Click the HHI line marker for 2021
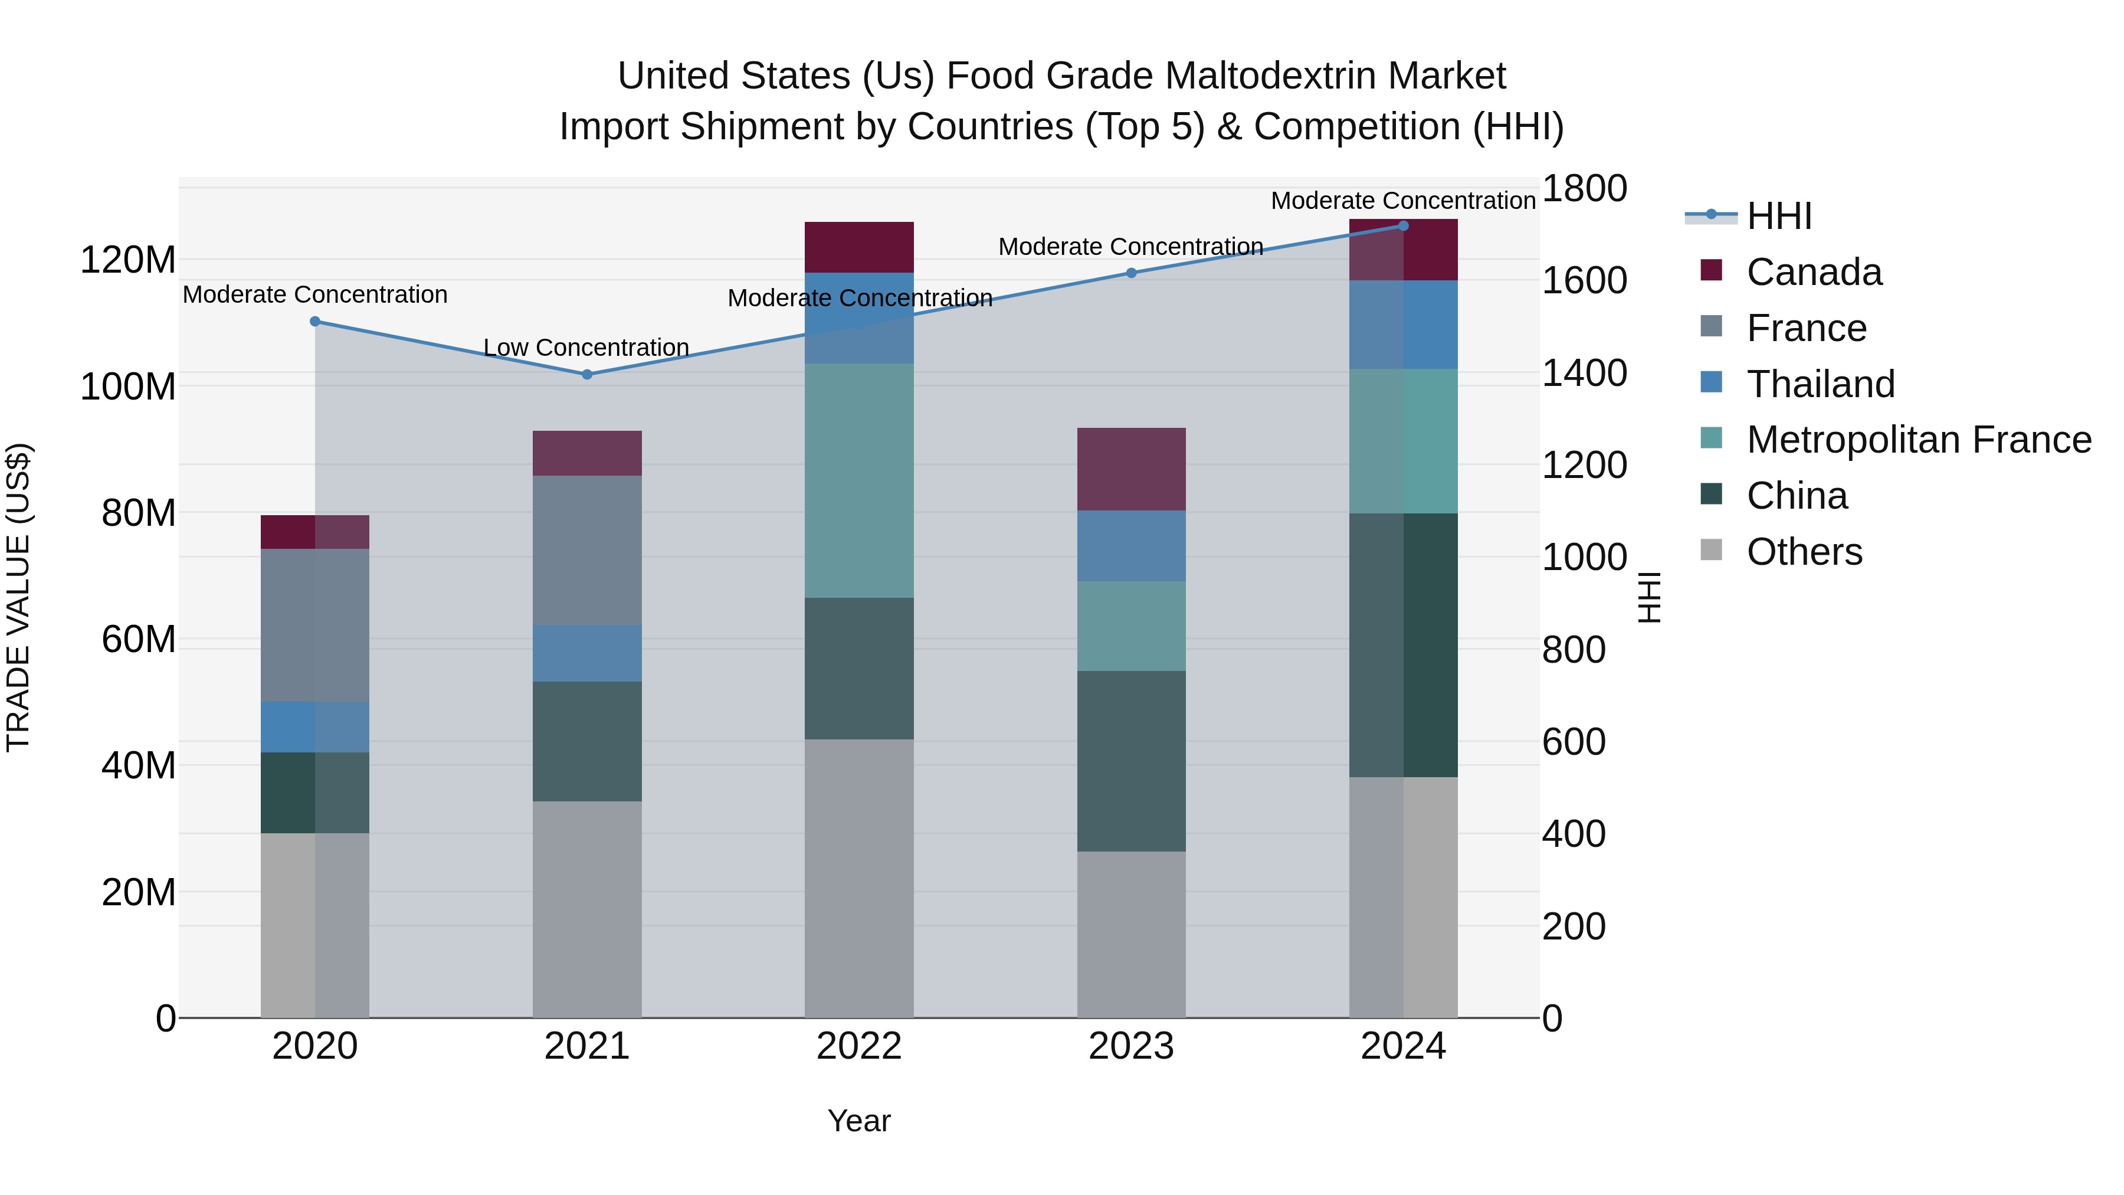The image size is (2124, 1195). tap(587, 374)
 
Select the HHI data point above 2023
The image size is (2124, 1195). tap(1131, 273)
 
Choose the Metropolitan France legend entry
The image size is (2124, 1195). tap(1918, 440)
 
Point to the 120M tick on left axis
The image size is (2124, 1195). tap(128, 261)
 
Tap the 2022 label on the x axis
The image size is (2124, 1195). tap(858, 1046)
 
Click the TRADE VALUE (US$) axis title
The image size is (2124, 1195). tap(19, 597)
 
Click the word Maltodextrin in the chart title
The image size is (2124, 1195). tap(1270, 77)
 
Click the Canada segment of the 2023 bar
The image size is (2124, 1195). tap(1131, 469)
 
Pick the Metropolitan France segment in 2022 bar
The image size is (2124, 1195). tap(858, 481)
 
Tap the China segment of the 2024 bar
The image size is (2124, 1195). tap(1404, 645)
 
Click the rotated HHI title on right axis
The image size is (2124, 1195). tap(1648, 597)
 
